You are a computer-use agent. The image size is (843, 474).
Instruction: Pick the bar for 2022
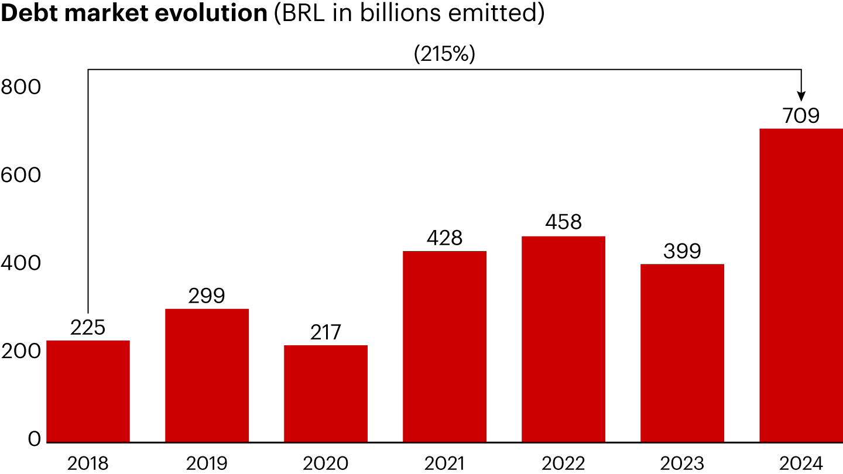point(563,339)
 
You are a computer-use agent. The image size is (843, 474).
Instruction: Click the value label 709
point(800,116)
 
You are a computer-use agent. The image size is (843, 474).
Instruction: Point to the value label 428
point(444,238)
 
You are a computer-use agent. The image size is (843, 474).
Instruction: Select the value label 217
point(325,332)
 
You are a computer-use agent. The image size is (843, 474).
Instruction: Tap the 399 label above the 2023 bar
point(682,252)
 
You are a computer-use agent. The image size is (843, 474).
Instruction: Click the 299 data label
point(207,296)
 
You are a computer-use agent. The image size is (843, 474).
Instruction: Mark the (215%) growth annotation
point(444,54)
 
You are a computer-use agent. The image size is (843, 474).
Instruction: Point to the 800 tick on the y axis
point(21,87)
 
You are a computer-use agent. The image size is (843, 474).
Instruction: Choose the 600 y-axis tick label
point(21,176)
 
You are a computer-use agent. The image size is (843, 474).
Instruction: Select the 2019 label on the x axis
point(207,463)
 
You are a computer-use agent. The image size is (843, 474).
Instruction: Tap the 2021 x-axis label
point(444,463)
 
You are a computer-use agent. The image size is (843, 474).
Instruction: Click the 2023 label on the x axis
point(682,463)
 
